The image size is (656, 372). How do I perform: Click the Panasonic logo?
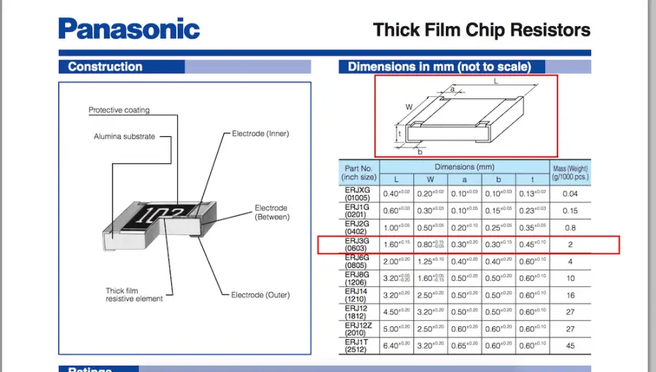128,29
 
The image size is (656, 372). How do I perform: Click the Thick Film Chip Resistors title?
481,30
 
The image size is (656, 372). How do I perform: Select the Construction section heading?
105,67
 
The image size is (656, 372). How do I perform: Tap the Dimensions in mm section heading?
439,67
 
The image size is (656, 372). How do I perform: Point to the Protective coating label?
119,111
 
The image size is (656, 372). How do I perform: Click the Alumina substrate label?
124,137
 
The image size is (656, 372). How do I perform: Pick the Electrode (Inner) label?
260,134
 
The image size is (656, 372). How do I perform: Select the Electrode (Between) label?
271,213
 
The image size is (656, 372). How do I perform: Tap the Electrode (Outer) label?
260,295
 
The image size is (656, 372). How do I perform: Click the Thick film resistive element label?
128,295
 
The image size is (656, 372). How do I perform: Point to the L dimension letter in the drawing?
496,82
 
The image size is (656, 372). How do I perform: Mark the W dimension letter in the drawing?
409,107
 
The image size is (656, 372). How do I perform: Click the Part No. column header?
359,173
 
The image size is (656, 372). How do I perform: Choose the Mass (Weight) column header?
569,173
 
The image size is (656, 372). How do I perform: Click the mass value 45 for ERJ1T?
570,347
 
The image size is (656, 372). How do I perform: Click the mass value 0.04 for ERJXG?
570,194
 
